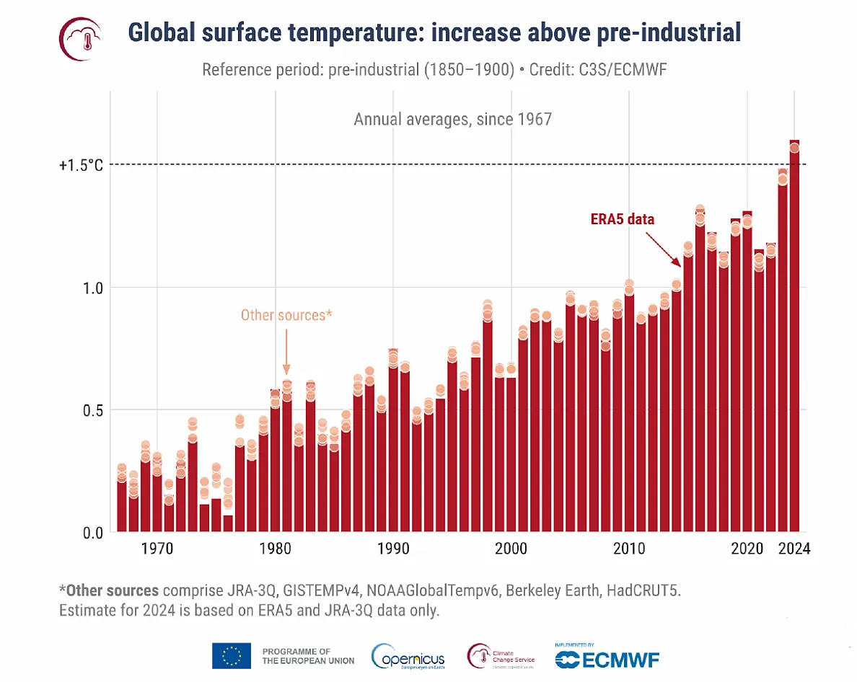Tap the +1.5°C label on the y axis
81,165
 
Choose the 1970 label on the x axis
157,549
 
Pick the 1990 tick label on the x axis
392,549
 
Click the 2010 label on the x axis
629,549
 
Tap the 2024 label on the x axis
794,549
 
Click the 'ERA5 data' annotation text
619,219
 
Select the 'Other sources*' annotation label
286,315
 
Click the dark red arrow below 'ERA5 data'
667,248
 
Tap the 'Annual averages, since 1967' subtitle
452,119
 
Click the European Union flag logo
232,655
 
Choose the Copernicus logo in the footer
408,656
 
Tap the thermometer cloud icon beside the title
79,37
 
